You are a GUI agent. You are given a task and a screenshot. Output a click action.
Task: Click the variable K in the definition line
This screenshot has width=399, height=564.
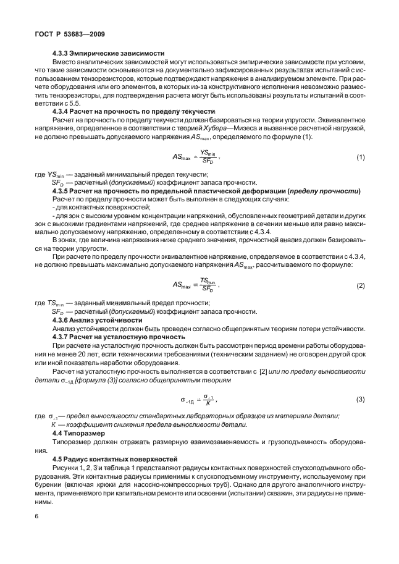(x=54, y=425)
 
